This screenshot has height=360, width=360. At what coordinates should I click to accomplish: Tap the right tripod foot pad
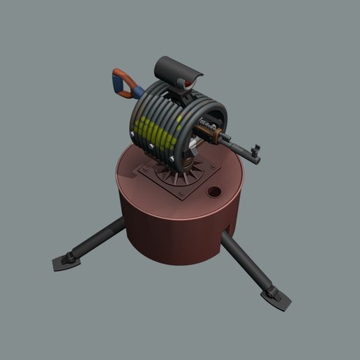[x=276, y=299]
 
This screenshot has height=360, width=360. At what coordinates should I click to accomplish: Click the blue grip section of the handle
[x=137, y=91]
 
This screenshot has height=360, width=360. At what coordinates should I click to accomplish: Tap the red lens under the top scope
[x=183, y=84]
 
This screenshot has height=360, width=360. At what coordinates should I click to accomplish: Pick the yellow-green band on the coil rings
[x=157, y=136]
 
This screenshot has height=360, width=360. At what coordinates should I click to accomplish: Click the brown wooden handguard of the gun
[x=221, y=135]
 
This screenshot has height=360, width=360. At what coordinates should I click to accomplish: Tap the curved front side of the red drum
[x=174, y=234]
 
